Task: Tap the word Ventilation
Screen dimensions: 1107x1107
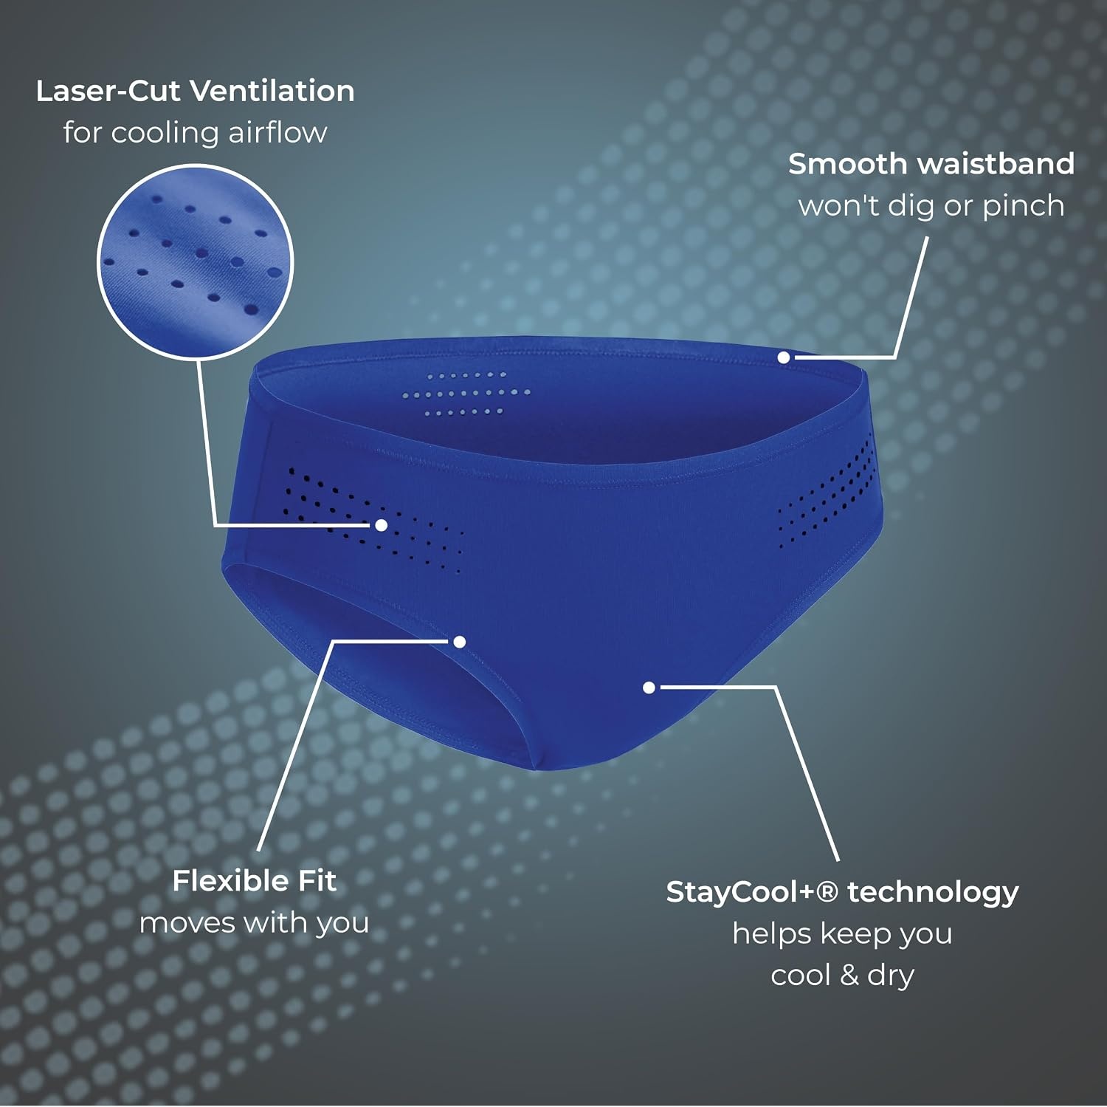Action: [272, 91]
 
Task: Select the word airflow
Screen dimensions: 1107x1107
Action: [277, 133]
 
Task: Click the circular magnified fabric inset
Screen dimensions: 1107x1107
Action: [196, 262]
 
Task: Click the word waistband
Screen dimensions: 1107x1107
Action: [990, 164]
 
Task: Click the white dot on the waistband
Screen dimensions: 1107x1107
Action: [784, 357]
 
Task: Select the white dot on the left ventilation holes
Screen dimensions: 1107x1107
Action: [382, 525]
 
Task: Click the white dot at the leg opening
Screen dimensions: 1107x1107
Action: [460, 642]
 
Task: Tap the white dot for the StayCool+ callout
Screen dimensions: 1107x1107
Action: [649, 688]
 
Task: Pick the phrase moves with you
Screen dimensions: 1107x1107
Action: [254, 923]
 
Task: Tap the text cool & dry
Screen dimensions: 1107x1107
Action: [843, 976]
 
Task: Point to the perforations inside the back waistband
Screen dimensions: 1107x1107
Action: [466, 394]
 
